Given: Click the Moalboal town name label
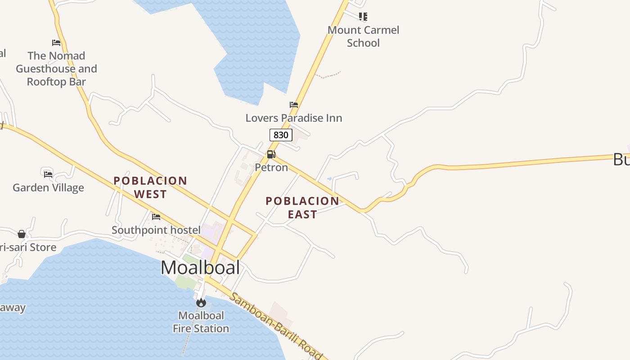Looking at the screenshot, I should [200, 268].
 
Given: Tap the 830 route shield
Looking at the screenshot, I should [281, 135].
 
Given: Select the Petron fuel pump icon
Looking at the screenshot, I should [271, 154].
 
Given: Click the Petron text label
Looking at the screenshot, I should [271, 167].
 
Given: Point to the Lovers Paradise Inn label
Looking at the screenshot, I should [294, 118].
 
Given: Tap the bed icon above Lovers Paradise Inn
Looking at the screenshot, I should [294, 105].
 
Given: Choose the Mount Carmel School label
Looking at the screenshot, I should [363, 36].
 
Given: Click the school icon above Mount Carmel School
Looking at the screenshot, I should [363, 17].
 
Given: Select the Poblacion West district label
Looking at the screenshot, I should [150, 187].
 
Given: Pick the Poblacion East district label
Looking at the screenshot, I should [302, 207].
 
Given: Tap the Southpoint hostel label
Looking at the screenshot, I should [156, 230].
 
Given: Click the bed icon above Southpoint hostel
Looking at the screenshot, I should [156, 217].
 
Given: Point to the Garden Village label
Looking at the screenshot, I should [48, 188].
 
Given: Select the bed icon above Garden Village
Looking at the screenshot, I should [48, 174].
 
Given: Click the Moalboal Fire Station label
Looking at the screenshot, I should [201, 322].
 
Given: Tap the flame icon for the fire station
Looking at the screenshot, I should [201, 302].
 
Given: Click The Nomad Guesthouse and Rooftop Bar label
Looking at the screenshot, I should [56, 68].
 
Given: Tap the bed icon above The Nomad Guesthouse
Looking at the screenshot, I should [56, 43].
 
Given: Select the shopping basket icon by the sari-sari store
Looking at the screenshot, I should [22, 234].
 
